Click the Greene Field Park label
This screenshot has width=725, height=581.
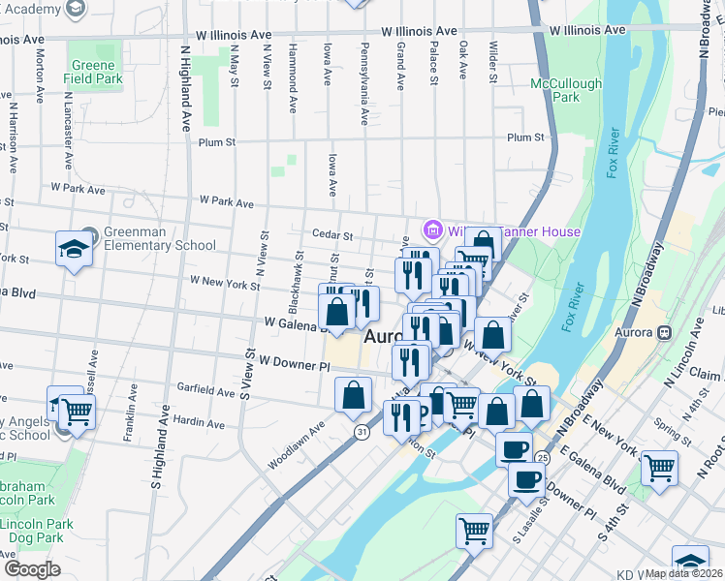point(95,72)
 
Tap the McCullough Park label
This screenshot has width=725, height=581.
point(566,90)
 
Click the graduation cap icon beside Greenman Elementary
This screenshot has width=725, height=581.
point(74,250)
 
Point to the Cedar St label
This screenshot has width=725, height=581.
point(331,234)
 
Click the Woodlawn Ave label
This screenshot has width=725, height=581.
point(297,444)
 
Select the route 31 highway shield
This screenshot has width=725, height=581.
point(360,432)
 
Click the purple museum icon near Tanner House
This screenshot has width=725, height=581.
point(431,230)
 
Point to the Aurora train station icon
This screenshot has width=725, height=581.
point(664,332)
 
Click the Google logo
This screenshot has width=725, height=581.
point(32,568)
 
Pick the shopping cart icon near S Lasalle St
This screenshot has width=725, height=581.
point(474,530)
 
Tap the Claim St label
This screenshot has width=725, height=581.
point(707,374)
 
